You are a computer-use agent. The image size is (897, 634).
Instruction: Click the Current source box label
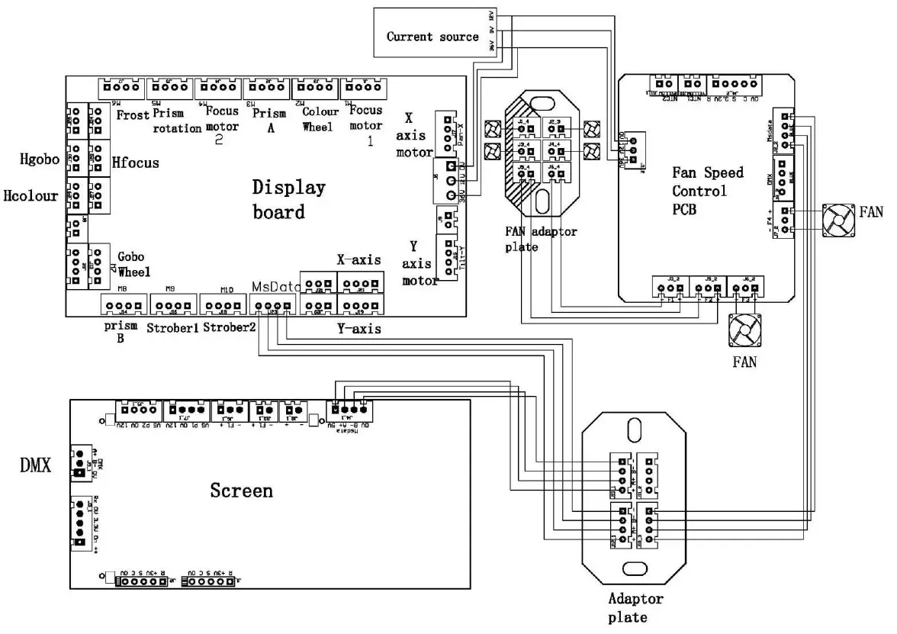tap(432, 36)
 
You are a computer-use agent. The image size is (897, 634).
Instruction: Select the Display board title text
tap(289, 199)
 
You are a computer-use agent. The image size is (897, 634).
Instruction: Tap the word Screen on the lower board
tap(241, 490)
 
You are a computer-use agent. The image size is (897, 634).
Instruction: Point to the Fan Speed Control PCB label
tap(707, 191)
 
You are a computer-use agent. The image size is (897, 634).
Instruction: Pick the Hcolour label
tap(31, 196)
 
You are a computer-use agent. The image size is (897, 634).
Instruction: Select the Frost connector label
tap(133, 114)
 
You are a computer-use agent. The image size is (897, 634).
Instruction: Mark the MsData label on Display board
tap(275, 286)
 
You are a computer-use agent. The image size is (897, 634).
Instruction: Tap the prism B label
tap(122, 334)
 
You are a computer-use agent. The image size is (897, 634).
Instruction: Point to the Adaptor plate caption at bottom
tap(635, 607)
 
